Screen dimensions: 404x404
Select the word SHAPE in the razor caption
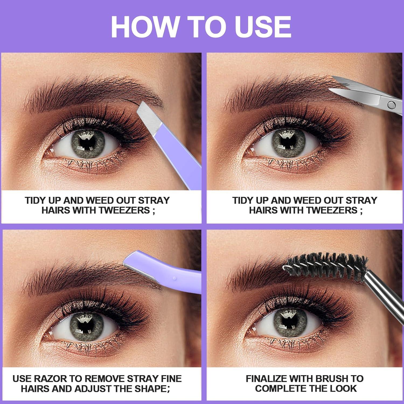[155, 389]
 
